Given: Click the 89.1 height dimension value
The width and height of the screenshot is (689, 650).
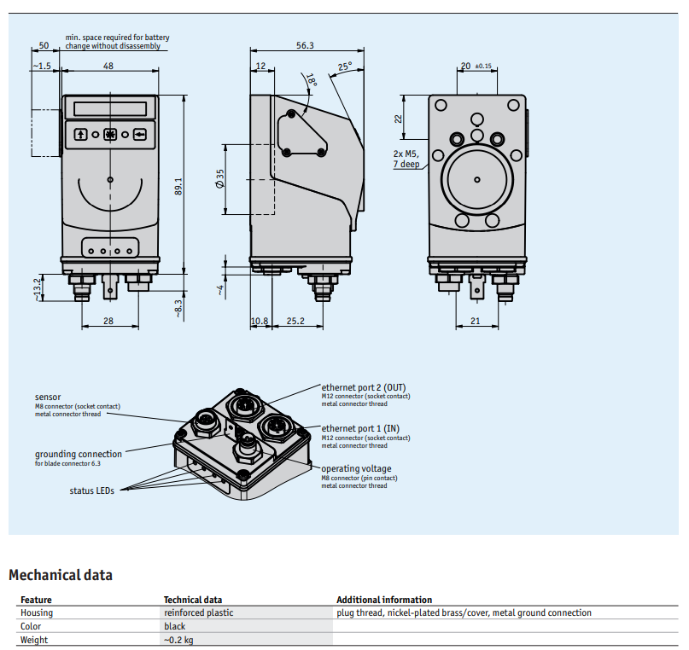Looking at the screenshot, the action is click(178, 187).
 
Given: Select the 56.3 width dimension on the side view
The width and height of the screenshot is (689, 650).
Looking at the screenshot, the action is click(305, 45).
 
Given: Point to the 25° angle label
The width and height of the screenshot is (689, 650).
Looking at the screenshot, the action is click(345, 67).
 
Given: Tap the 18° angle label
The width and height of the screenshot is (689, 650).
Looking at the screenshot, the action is click(312, 80).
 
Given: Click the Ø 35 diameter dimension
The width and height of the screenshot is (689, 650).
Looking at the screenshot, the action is click(219, 178).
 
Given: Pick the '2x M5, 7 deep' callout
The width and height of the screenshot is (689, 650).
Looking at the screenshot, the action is click(406, 159).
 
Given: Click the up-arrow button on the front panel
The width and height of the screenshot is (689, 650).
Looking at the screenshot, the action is click(80, 134).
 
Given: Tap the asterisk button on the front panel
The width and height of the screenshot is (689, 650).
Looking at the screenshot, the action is click(110, 134).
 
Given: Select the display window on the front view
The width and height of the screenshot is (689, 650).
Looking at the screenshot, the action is click(110, 108).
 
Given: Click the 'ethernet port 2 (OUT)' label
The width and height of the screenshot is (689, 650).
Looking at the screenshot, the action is click(364, 387).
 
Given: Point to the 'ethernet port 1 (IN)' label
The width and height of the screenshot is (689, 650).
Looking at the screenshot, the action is click(360, 428).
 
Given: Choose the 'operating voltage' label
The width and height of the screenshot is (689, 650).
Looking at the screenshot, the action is click(356, 468).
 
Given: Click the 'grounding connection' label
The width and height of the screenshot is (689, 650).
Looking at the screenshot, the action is click(79, 454).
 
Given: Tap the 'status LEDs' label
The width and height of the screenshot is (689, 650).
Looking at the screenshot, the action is click(91, 490).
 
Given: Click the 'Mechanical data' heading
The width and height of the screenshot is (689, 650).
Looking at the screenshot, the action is click(61, 575).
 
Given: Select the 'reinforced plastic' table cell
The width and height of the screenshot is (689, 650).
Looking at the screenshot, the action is click(199, 612).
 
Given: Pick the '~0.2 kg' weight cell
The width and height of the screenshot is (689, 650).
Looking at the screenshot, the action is click(178, 640).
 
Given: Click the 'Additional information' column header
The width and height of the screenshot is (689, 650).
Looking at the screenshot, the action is click(384, 600).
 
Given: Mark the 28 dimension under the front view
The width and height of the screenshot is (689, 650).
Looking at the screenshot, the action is click(108, 321).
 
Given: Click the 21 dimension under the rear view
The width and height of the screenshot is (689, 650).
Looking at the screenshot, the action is click(475, 321).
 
